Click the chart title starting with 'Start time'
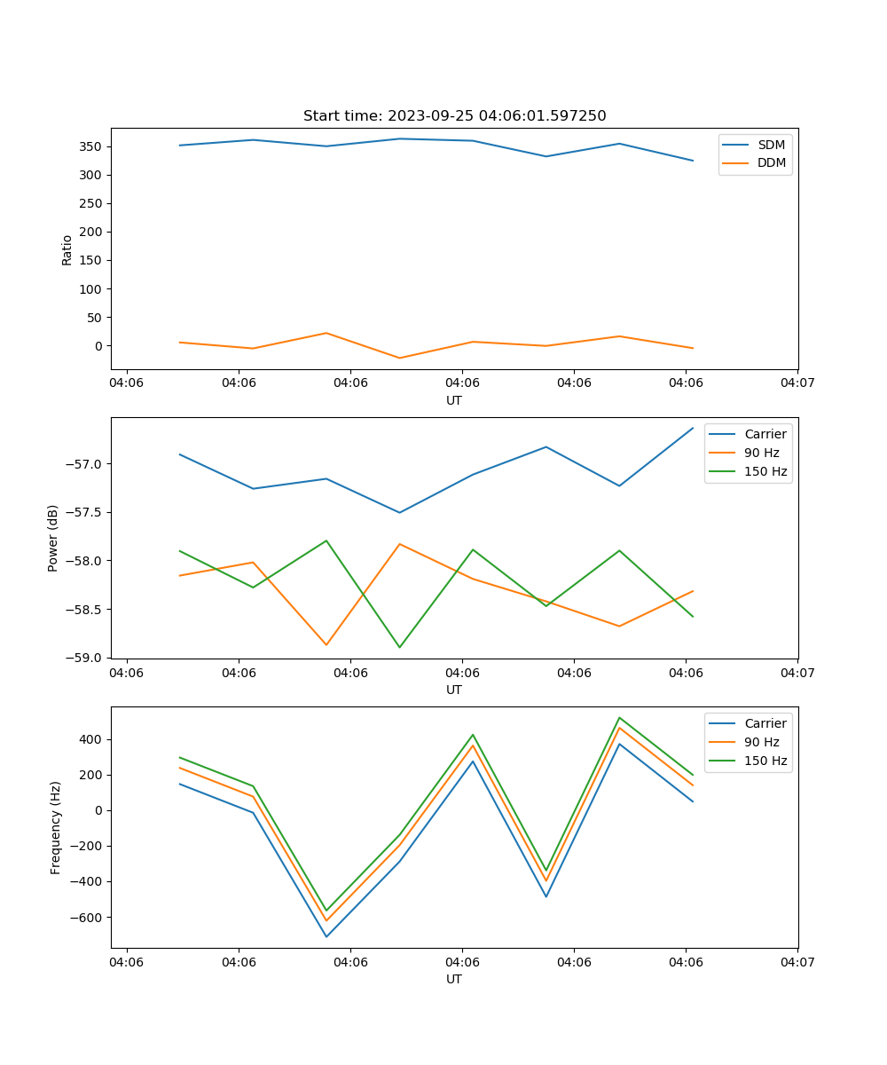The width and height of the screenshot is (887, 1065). tap(454, 116)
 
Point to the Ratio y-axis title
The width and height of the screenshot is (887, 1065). tap(67, 249)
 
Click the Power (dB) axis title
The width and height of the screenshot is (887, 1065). tap(53, 538)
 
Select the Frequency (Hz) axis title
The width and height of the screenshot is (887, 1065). tap(56, 827)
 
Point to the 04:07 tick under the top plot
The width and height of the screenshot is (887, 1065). tap(797, 383)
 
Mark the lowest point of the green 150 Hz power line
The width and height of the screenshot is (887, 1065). tap(399, 647)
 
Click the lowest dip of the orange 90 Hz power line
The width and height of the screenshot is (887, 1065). tap(326, 645)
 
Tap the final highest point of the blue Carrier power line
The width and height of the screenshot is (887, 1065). tap(693, 428)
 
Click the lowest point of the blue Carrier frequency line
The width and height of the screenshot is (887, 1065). tap(326, 937)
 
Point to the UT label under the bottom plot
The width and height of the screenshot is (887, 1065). tap(454, 979)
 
